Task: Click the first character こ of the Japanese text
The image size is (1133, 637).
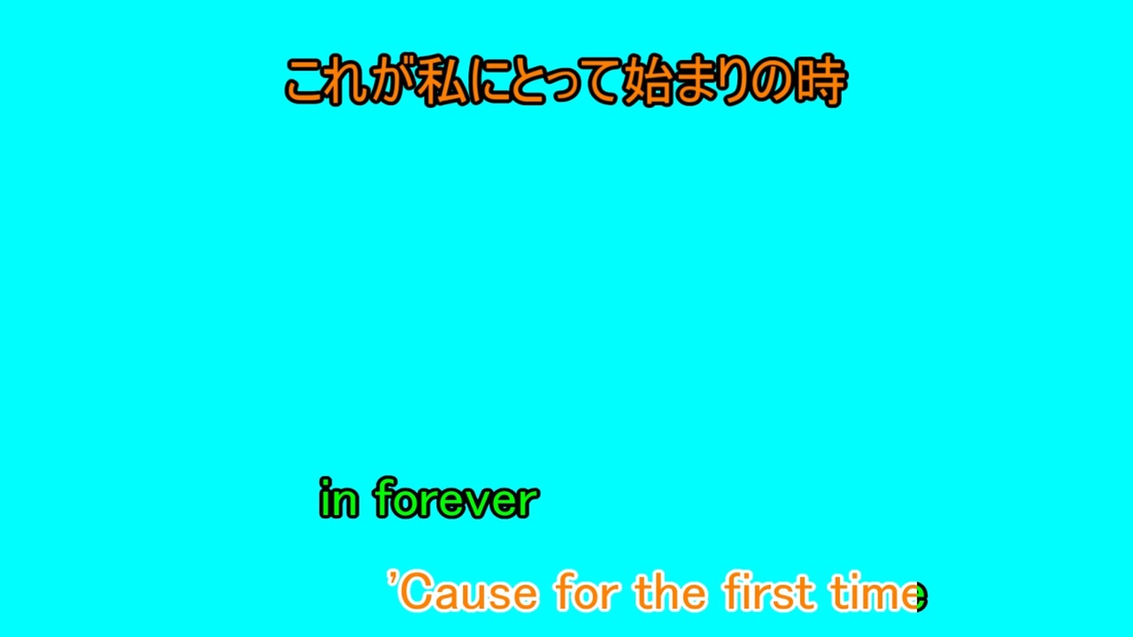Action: click(306, 83)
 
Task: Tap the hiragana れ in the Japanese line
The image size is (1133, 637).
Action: click(349, 83)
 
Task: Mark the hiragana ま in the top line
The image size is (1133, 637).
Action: click(697, 82)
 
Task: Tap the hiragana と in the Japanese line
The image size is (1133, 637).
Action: click(528, 83)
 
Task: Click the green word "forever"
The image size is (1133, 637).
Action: click(456, 498)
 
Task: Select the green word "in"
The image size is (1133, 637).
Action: click(339, 498)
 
